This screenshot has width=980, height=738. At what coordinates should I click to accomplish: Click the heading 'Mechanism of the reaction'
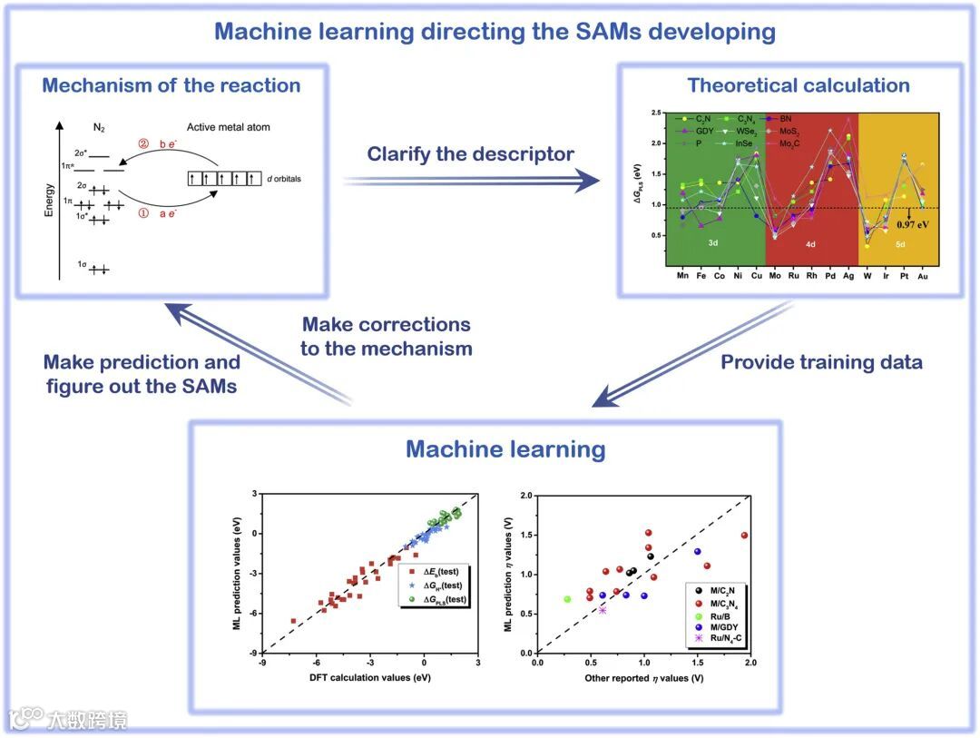pos(171,86)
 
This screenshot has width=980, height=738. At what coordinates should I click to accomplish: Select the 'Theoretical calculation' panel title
pos(799,86)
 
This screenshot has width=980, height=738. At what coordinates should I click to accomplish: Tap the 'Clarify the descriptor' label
pos(470,154)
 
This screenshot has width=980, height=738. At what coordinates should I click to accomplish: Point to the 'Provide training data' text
pos(821,362)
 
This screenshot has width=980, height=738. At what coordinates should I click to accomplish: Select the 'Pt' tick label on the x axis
pos(904,276)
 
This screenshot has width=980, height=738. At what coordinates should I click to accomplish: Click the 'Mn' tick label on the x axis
pos(682,276)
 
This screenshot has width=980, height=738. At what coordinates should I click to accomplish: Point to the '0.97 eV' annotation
pos(909,224)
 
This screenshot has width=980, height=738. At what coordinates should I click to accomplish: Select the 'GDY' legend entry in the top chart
pos(701,132)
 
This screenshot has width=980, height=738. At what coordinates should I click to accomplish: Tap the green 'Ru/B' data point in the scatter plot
pos(568,599)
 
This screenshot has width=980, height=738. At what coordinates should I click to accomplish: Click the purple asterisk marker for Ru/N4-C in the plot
pos(602,610)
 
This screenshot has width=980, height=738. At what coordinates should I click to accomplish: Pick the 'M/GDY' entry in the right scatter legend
pos(725,625)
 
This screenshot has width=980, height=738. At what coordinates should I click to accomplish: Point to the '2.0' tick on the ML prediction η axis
pos(525,496)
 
